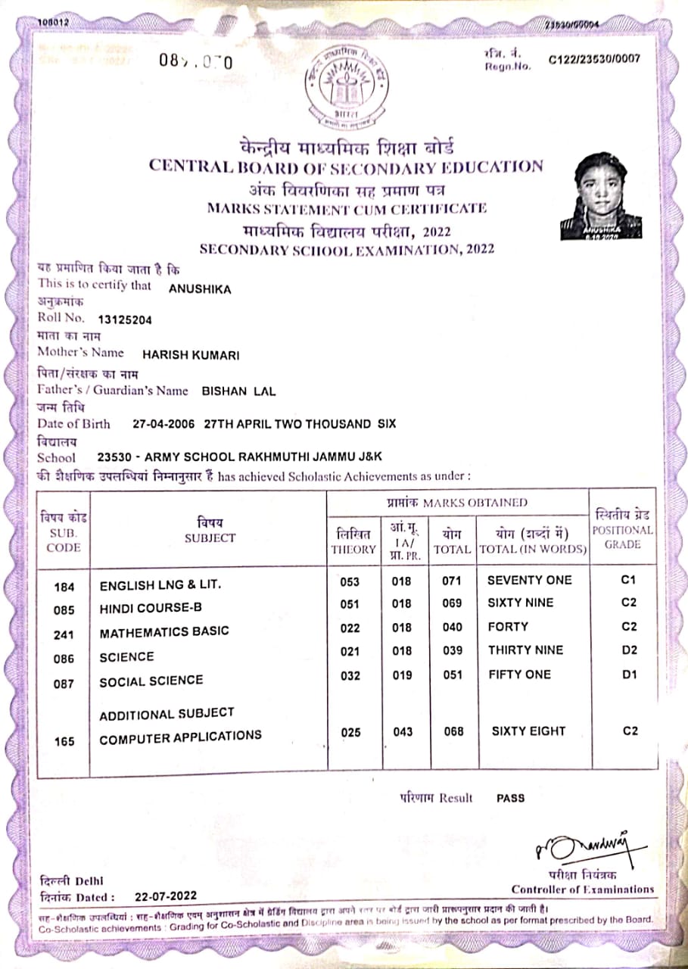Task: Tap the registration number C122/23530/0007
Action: (x=593, y=59)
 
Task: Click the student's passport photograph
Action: (x=601, y=195)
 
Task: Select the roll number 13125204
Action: (x=125, y=319)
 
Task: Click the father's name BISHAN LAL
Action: (x=238, y=391)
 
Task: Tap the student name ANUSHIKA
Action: (x=200, y=288)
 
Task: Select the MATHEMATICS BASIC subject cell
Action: (x=163, y=631)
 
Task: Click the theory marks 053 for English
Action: (x=350, y=581)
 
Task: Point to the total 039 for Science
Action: (x=453, y=651)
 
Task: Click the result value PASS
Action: (x=510, y=798)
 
